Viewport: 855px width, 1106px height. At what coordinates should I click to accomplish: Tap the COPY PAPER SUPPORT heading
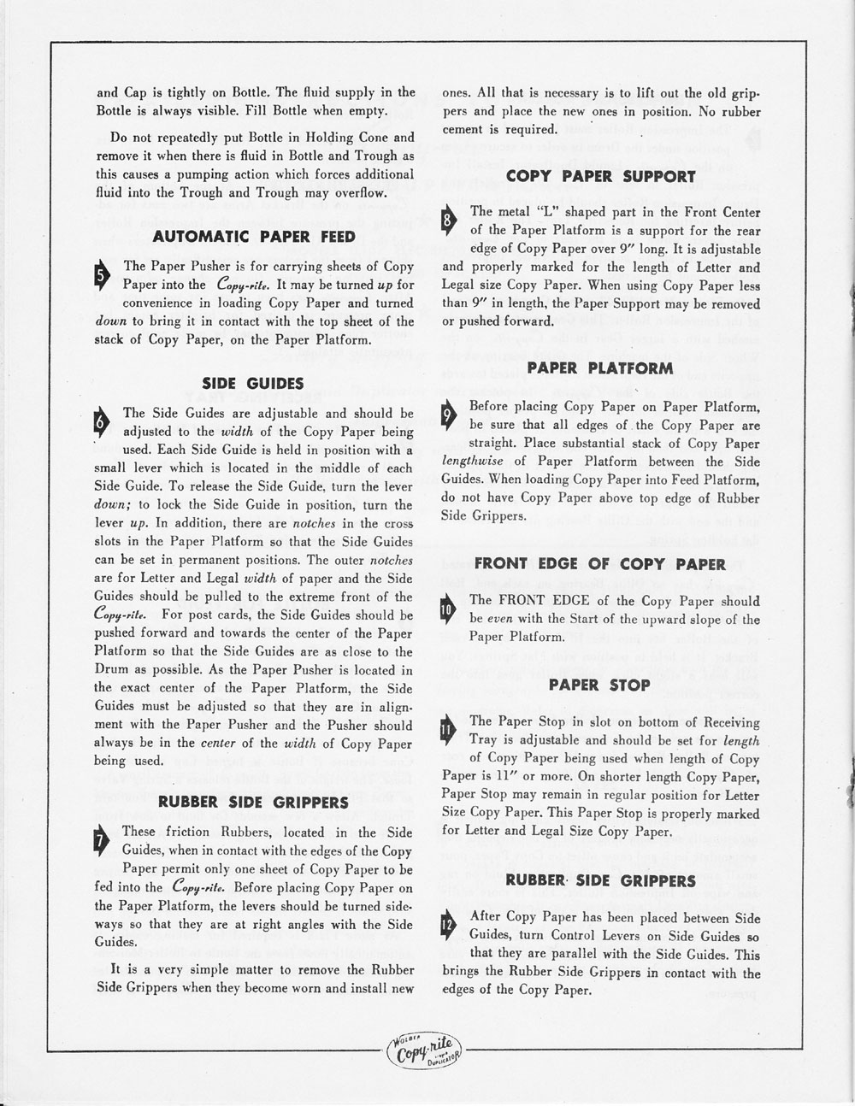click(x=600, y=177)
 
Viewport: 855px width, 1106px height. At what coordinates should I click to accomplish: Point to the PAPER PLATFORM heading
click(x=600, y=368)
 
